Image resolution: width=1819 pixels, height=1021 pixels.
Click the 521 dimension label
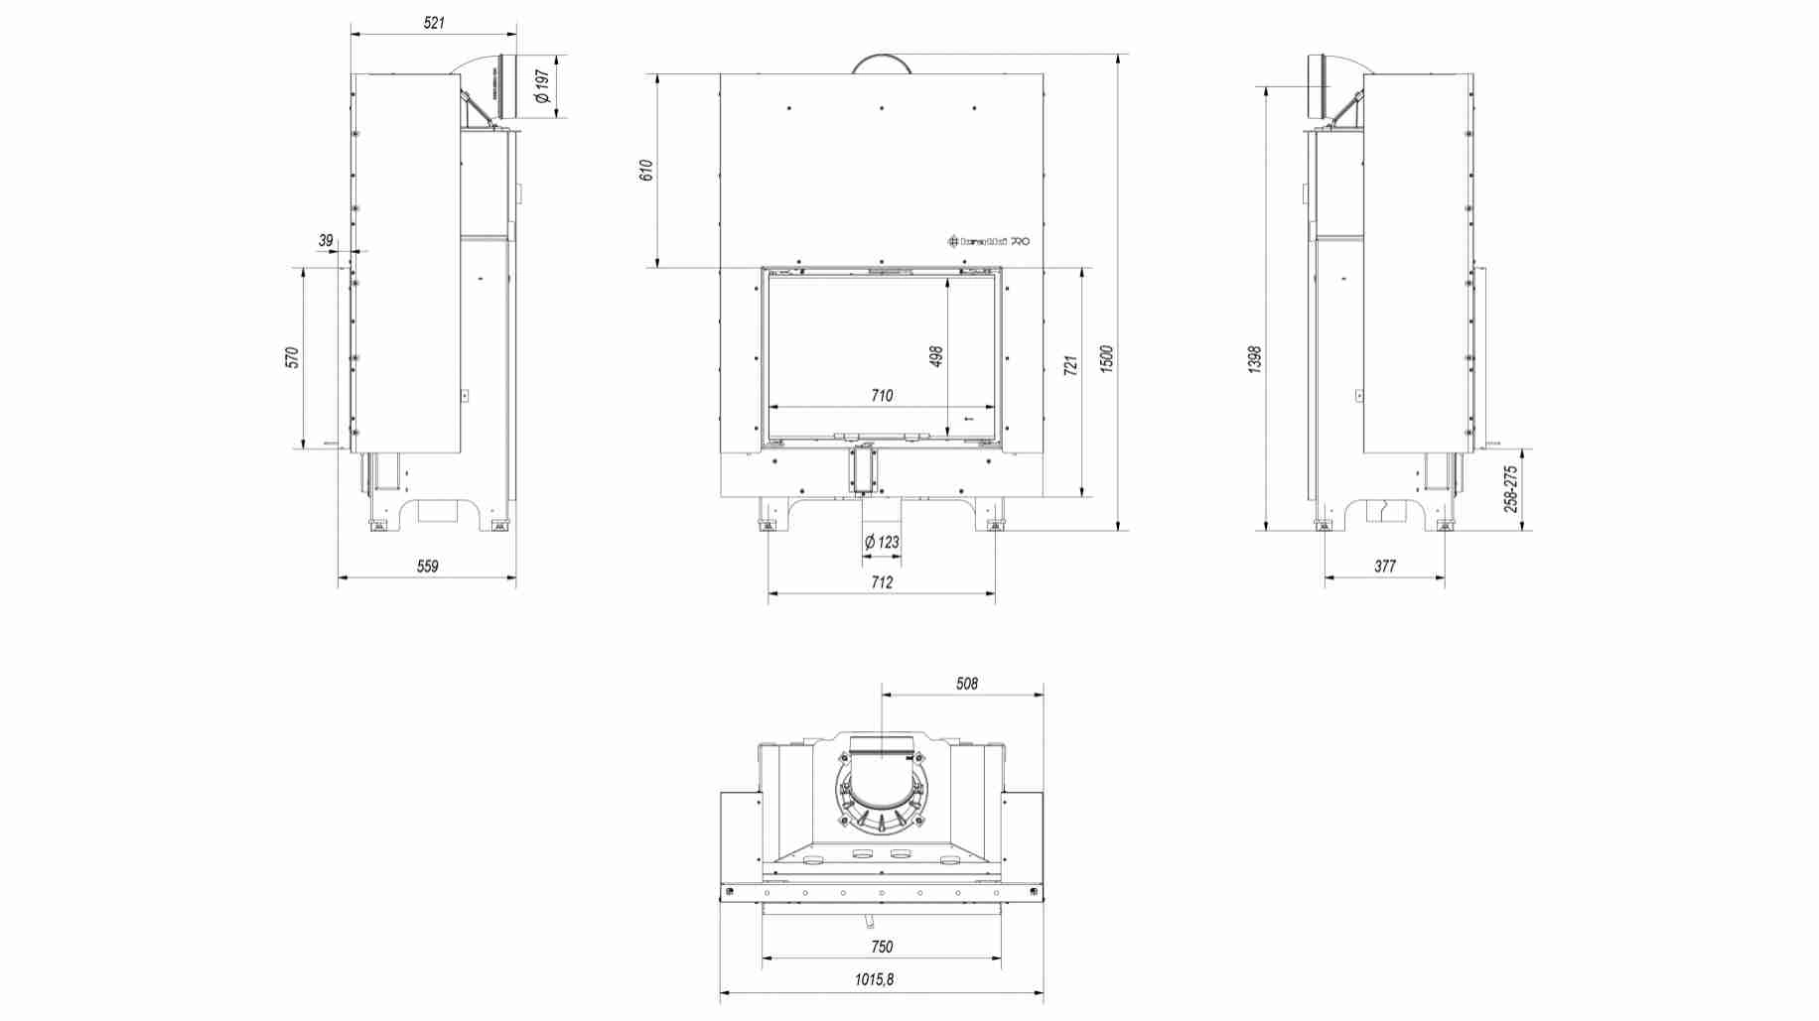coord(434,23)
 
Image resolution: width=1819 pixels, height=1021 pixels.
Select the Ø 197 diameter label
coord(542,86)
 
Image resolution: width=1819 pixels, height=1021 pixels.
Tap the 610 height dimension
coord(646,170)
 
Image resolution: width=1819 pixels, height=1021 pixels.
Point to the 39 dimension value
coord(326,240)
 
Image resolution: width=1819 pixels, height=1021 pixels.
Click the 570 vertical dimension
coord(292,357)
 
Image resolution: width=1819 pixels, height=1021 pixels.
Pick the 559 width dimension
coord(427,567)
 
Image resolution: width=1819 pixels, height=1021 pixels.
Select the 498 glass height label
coord(935,356)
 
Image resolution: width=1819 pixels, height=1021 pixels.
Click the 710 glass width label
coord(882,396)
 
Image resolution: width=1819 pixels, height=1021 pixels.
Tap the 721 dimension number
coord(1069,365)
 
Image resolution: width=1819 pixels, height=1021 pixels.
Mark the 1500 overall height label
coord(1107,359)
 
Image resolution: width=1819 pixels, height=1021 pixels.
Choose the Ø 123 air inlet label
coord(882,542)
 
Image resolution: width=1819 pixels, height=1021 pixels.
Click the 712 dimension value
coord(882,582)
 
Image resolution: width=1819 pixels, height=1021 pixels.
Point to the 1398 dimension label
coord(1254,359)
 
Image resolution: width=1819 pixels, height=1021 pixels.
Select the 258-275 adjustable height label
coord(1510,489)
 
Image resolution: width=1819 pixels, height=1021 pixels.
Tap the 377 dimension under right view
coord(1385,567)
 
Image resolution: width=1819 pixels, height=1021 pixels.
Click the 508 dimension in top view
coord(966,684)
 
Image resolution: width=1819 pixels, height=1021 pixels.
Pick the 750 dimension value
coord(882,947)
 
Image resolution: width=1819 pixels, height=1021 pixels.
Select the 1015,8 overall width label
coord(874,979)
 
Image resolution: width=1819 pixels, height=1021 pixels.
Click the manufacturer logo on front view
coord(989,241)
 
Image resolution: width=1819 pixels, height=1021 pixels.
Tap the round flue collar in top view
coord(882,789)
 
